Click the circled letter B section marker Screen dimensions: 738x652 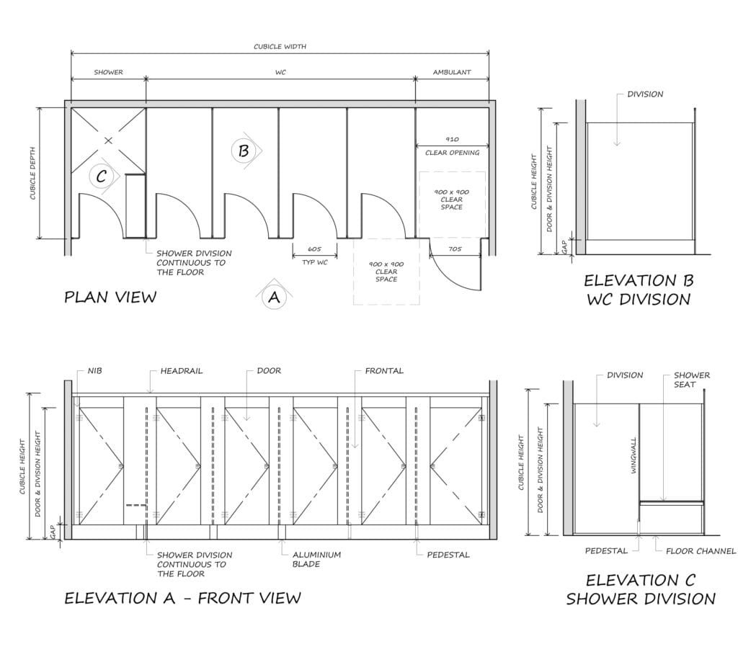244,151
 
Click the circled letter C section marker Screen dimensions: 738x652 101,176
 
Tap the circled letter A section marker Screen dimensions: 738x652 274,298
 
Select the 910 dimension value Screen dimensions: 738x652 453,139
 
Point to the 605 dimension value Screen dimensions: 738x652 314,249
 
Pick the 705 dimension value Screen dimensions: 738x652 455,249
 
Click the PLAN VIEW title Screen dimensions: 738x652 110,298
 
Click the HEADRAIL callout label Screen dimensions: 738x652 181,371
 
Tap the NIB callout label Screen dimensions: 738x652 94,371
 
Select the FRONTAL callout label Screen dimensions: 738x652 384,371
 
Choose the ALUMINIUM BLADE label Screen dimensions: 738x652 316,559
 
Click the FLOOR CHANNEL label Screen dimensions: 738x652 701,551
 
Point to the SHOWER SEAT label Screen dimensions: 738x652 691,380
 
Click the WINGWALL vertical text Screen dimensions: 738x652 633,455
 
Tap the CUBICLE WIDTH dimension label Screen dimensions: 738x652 280,47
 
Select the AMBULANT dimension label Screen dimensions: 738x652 452,72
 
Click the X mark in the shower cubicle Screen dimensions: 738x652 108,140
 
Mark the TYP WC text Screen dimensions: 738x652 314,262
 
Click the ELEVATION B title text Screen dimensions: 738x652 639,281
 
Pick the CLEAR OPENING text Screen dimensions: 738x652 453,153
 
